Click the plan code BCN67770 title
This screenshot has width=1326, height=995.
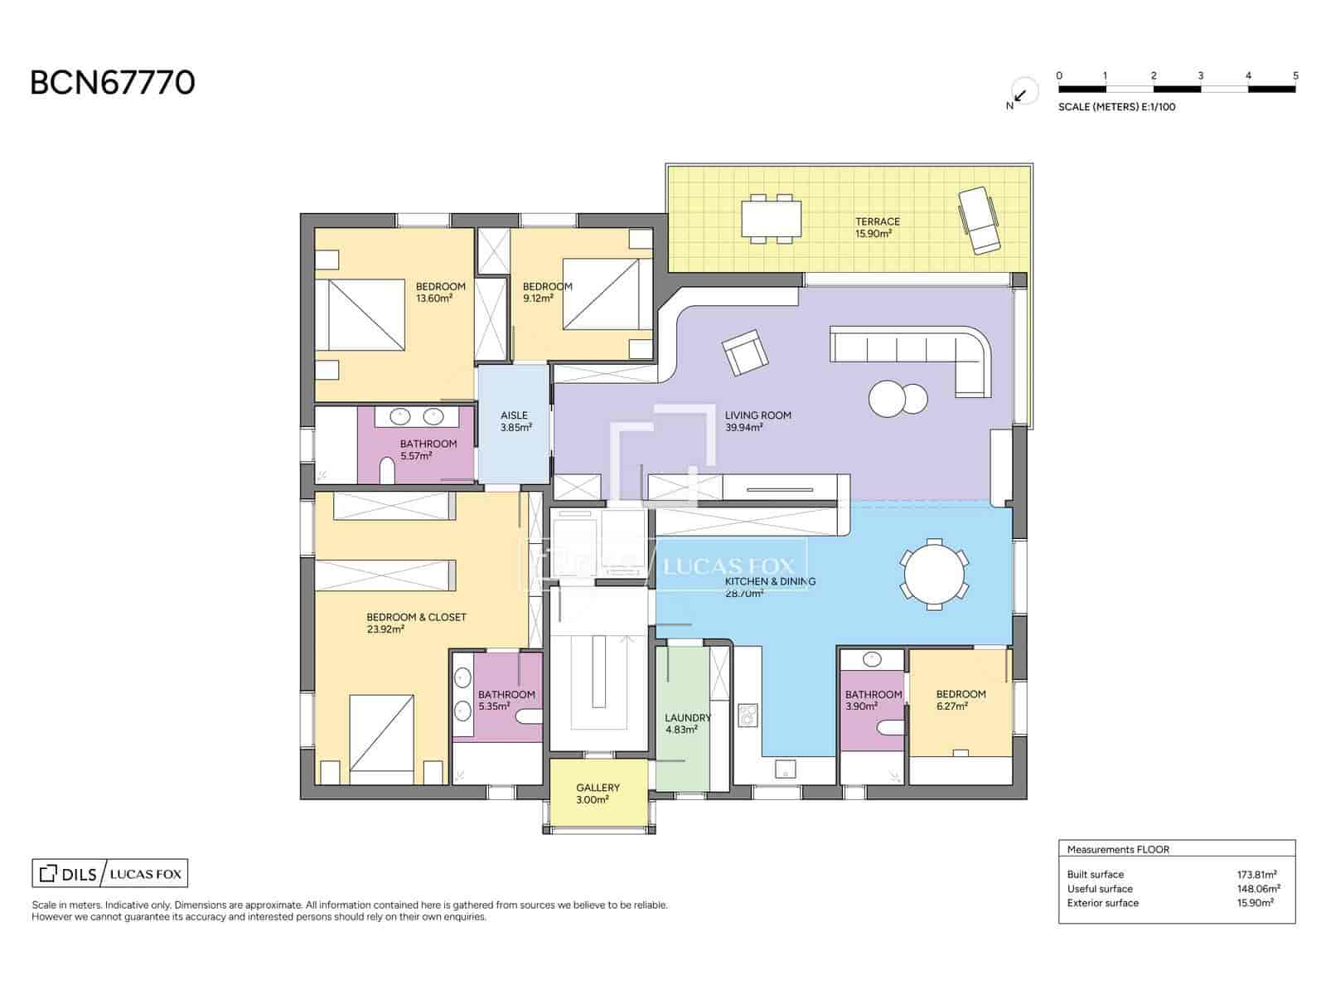[113, 83]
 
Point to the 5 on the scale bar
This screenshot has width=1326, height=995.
[1295, 75]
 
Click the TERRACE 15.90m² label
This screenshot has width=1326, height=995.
[877, 227]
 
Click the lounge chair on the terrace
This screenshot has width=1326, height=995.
[979, 221]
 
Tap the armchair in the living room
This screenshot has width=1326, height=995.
[743, 352]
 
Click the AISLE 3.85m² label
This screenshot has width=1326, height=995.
[515, 421]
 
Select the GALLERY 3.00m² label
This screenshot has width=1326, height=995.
[598, 794]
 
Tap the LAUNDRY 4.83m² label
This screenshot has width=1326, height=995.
[687, 723]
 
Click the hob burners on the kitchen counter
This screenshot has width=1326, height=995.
[748, 715]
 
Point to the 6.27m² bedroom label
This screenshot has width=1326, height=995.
[961, 700]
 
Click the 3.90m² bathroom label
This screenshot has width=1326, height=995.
[874, 701]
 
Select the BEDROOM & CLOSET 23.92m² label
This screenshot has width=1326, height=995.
[416, 623]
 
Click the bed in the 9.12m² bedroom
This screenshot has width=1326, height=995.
[601, 294]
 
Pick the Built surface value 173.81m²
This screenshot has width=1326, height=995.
[1256, 874]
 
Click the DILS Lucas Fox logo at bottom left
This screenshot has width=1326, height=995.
[109, 873]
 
